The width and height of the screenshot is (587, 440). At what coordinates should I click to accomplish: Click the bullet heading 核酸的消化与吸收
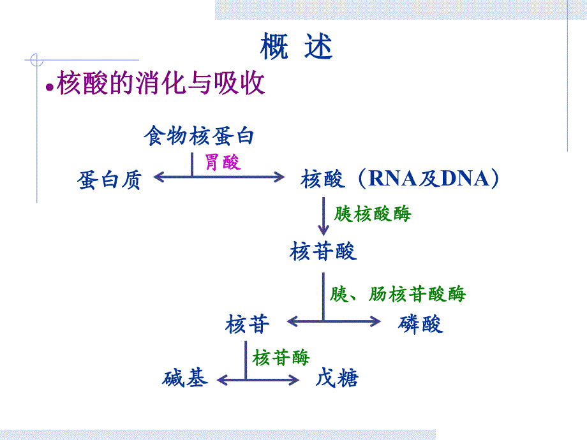tap(161, 84)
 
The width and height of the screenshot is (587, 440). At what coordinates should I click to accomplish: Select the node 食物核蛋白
tap(199, 136)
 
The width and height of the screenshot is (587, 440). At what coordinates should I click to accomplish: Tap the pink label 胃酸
tap(223, 162)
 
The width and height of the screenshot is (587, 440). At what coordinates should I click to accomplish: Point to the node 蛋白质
tap(109, 180)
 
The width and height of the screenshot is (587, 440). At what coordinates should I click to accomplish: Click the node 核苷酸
tap(323, 251)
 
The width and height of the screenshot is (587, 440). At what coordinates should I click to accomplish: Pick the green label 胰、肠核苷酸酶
tap(398, 294)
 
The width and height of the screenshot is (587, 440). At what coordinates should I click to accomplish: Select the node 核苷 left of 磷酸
tap(248, 324)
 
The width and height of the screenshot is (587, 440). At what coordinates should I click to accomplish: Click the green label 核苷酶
tap(281, 357)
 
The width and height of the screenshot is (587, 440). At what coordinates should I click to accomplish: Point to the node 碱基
tap(185, 379)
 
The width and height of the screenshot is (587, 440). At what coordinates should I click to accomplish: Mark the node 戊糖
tap(337, 379)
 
